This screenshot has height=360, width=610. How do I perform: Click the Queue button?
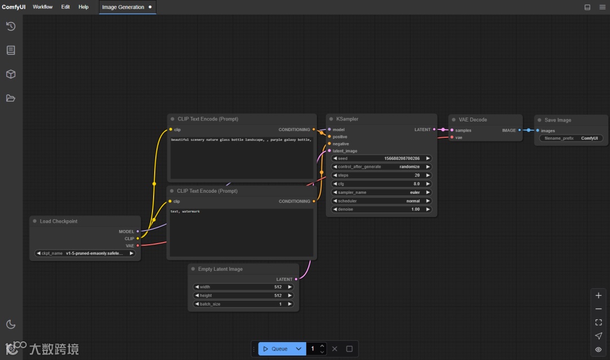point(276,349)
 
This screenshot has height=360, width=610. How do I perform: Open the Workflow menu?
point(42,7)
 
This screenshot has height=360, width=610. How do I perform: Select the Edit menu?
point(66,7)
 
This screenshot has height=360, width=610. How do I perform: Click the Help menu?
point(84,7)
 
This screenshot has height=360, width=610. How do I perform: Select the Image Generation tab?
point(123,7)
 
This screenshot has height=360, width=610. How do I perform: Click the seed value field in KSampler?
point(381,159)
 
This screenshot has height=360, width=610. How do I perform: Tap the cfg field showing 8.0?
point(381,184)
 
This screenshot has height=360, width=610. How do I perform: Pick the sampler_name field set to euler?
point(381,192)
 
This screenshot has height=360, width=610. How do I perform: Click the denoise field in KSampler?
point(381,209)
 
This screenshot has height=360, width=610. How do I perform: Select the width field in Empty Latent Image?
point(243,287)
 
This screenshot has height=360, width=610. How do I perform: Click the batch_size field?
point(243,304)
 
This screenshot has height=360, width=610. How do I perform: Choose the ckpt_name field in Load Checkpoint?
point(85,253)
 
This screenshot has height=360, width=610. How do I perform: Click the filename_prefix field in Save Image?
point(571,138)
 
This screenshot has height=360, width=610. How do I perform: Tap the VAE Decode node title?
point(473,120)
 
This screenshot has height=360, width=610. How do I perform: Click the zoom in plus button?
point(599,296)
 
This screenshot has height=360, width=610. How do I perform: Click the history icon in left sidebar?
point(11,26)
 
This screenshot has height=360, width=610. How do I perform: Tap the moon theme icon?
point(11,324)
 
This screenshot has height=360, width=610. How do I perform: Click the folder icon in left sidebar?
point(11,98)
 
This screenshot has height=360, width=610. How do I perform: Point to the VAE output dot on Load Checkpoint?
point(138,245)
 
